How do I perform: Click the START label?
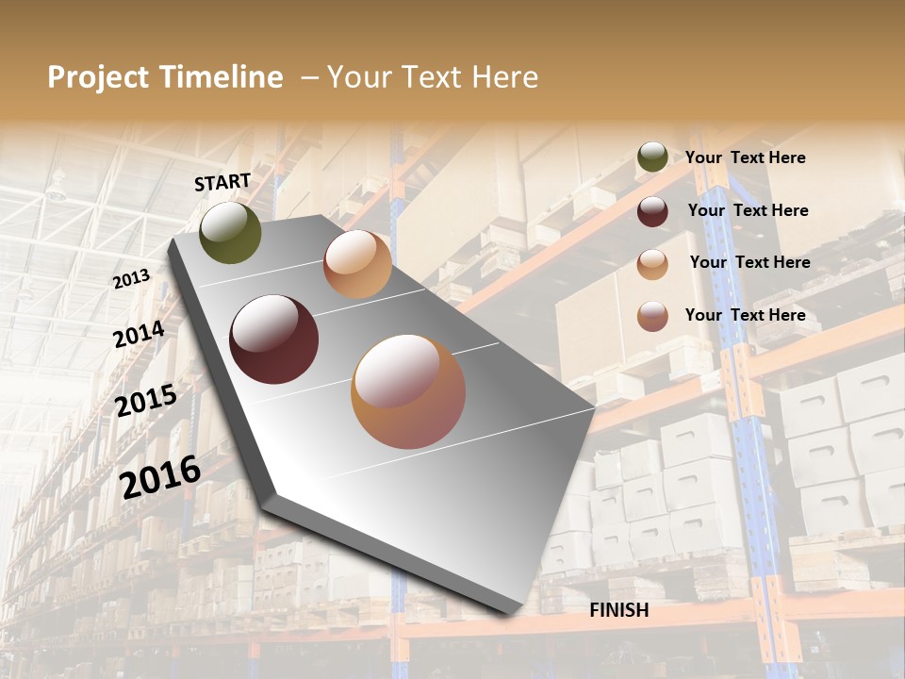point(222,182)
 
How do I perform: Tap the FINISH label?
point(619,610)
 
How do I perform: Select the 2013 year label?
point(132,278)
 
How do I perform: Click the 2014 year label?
point(139,334)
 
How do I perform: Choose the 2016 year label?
point(160,476)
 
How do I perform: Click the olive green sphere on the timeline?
point(231,233)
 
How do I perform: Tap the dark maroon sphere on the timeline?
point(274,339)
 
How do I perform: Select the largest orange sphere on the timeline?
point(408,391)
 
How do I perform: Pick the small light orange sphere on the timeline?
point(357,265)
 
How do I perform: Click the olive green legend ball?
point(652,157)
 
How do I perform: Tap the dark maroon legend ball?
point(652,211)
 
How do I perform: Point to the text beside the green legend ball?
point(746,158)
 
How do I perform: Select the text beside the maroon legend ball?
point(749,210)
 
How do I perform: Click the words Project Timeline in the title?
point(165,77)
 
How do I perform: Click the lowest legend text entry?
point(746,315)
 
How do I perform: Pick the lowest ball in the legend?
point(652,316)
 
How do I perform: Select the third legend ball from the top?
point(652,264)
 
